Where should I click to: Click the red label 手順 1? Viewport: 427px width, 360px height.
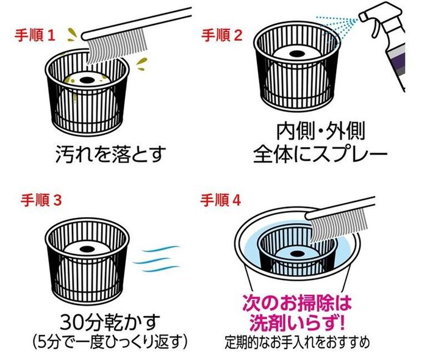pyautogui.click(x=35, y=35)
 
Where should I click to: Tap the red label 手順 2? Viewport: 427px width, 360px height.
pyautogui.click(x=221, y=35)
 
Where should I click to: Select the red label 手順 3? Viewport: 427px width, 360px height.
pyautogui.click(x=41, y=200)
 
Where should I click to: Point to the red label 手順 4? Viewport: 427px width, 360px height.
pyautogui.click(x=221, y=201)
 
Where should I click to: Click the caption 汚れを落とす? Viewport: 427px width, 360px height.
pyautogui.click(x=111, y=154)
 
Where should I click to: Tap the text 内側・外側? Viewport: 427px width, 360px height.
pyautogui.click(x=320, y=131)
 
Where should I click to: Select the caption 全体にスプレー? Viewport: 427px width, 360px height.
pyautogui.click(x=320, y=154)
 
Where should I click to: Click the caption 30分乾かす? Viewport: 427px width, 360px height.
pyautogui.click(x=110, y=322)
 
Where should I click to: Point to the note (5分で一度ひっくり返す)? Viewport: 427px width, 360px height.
pyautogui.click(x=110, y=340)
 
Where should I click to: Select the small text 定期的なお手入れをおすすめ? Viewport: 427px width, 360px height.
pyautogui.click(x=297, y=342)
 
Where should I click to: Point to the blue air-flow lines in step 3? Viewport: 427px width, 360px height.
pyautogui.click(x=157, y=259)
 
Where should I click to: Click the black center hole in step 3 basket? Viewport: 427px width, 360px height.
pyautogui.click(x=87, y=248)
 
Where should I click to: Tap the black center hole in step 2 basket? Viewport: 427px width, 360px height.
pyautogui.click(x=296, y=54)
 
